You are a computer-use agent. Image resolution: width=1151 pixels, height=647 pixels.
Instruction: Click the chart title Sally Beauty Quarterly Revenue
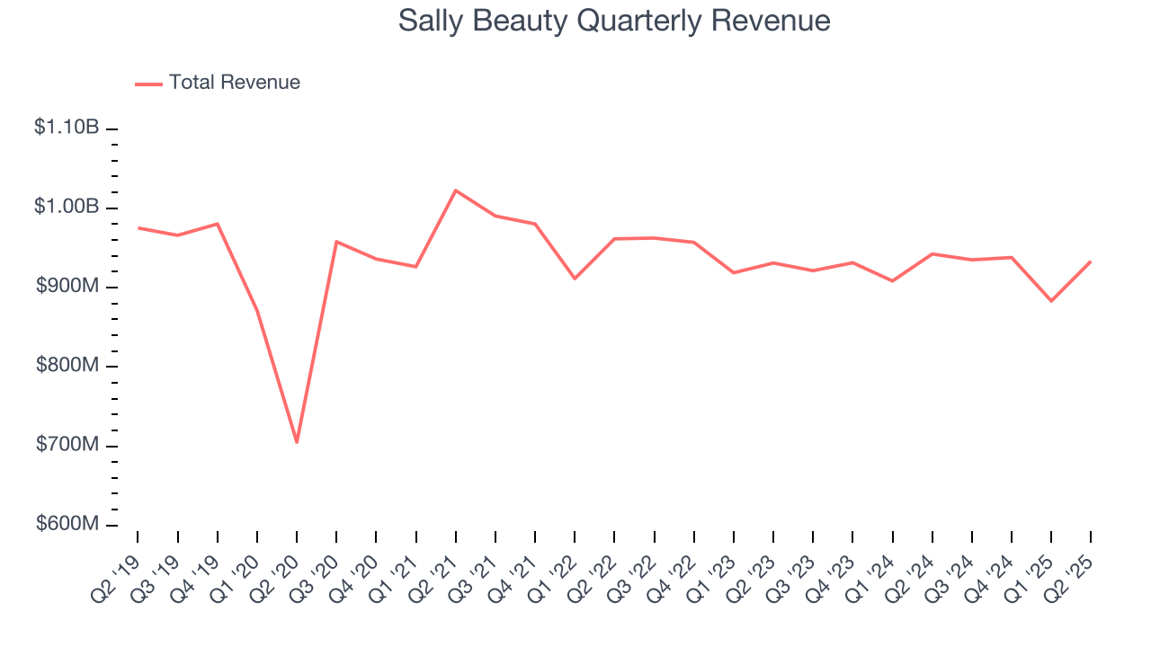(614, 21)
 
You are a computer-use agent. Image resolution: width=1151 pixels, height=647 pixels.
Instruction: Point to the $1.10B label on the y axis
(67, 128)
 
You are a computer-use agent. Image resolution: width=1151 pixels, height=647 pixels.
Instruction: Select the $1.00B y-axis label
(67, 207)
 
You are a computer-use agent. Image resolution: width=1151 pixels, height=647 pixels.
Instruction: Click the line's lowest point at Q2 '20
(297, 442)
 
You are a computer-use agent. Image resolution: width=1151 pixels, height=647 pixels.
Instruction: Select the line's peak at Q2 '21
(456, 191)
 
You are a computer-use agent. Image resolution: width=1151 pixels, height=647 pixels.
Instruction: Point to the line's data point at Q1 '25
(1051, 301)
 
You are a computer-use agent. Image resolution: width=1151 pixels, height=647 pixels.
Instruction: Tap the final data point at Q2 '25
(1091, 261)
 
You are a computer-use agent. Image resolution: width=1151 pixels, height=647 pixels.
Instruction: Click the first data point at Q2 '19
(138, 227)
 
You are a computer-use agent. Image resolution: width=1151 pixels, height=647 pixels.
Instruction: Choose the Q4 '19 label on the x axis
(200, 565)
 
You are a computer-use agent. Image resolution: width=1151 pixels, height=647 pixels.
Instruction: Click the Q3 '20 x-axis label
(318, 565)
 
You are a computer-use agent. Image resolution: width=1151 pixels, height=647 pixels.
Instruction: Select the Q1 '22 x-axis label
(557, 565)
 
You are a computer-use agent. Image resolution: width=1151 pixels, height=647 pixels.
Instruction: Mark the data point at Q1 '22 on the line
(575, 279)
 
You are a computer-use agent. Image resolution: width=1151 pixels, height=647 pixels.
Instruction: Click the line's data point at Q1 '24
(892, 281)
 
